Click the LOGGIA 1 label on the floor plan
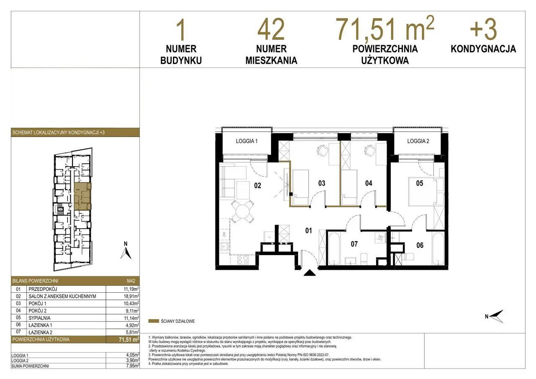tap(247, 141)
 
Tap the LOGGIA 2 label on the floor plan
tap(418, 141)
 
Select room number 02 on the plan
tap(258, 186)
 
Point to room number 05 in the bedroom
tap(420, 183)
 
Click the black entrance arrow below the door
tap(309, 273)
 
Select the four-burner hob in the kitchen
tap(242, 260)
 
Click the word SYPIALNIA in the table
tap(39, 318)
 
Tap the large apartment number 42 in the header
tap(271, 30)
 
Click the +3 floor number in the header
tap(484, 29)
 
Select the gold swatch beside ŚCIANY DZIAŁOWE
tap(154, 321)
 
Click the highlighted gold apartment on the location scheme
tap(82, 196)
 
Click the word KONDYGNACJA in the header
tap(483, 49)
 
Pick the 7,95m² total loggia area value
tap(133, 366)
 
